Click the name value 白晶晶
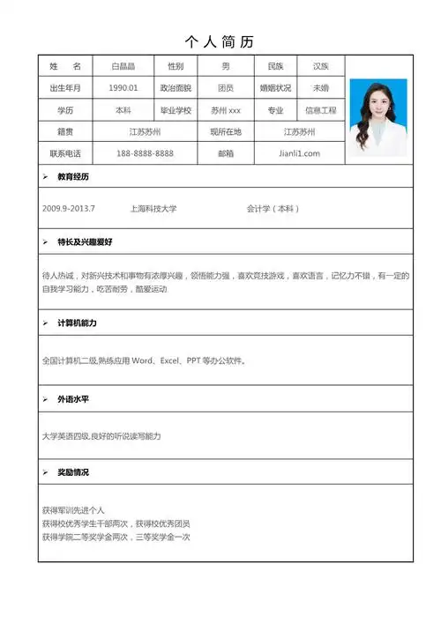[x=123, y=67]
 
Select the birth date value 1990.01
[x=123, y=88]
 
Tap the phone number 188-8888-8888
[x=145, y=153]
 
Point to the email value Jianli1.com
[x=299, y=153]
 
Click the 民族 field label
[x=275, y=67]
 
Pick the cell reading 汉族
[x=320, y=67]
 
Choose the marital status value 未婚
[x=320, y=88]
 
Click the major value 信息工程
[x=320, y=110]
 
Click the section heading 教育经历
[x=73, y=176]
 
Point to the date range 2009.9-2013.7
[x=69, y=209]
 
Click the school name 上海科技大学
[x=153, y=209]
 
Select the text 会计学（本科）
[x=273, y=209]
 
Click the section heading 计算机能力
[x=77, y=323]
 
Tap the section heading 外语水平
[x=73, y=399]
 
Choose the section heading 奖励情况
[x=73, y=472]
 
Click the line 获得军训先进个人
[x=73, y=510]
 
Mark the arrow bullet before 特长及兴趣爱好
[x=46, y=241]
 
